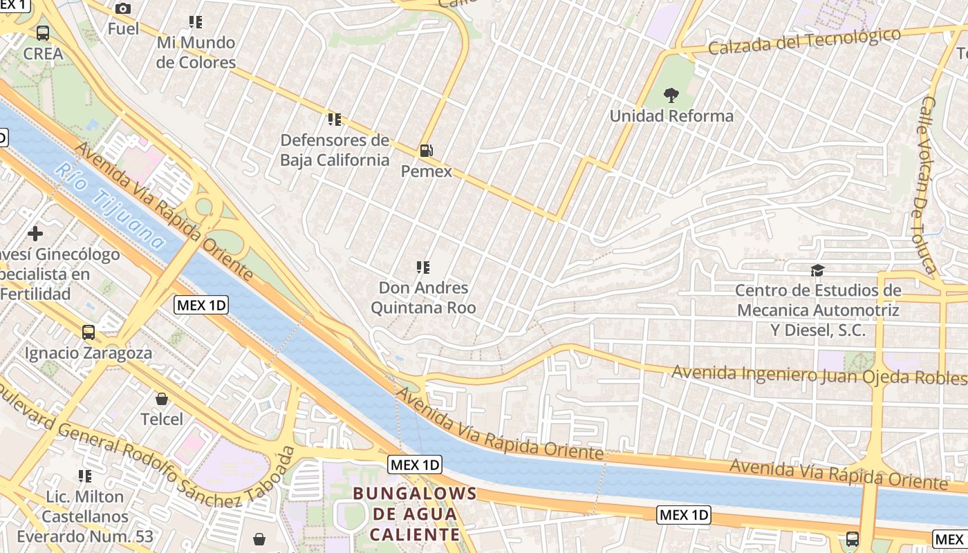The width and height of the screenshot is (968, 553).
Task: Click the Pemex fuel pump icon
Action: click(x=427, y=150)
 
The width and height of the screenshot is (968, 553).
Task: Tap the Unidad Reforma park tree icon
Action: click(x=671, y=95)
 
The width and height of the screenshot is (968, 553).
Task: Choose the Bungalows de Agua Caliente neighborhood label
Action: click(x=415, y=514)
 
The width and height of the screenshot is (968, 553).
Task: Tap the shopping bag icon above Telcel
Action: click(x=162, y=399)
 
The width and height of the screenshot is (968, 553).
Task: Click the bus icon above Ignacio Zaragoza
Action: click(x=89, y=332)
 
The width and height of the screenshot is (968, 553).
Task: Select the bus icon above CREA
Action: click(x=43, y=32)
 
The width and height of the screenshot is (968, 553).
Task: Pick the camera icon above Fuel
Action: click(x=123, y=8)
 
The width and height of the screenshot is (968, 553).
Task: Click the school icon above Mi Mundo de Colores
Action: click(x=196, y=22)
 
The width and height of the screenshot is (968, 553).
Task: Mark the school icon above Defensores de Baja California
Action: click(x=335, y=120)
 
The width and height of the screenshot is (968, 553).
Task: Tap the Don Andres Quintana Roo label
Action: click(x=423, y=297)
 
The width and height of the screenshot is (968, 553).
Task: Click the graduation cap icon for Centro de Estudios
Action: click(x=817, y=270)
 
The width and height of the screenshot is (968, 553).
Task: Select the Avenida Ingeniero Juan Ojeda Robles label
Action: click(x=819, y=375)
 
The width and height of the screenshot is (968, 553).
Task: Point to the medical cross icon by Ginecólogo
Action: click(x=35, y=234)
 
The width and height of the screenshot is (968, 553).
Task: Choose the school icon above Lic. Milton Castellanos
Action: click(x=85, y=476)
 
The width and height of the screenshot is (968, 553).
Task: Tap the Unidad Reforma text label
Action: click(x=671, y=115)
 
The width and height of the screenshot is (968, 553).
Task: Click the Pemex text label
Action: click(x=427, y=171)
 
